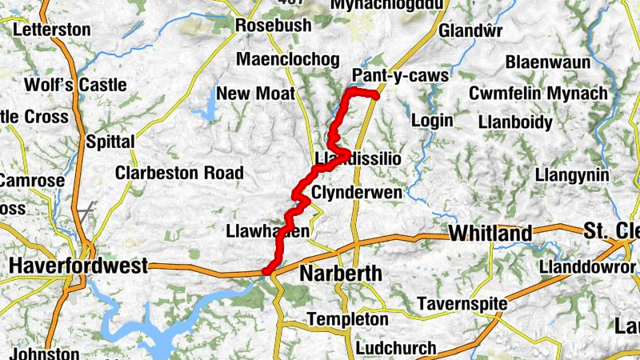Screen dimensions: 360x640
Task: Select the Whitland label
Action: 490,234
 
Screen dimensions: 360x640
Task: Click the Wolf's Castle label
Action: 75,85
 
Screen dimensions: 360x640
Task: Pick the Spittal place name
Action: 110,142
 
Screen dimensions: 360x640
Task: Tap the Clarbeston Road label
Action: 178,173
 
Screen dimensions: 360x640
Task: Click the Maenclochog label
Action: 287,60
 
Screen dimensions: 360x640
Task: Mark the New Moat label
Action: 255,94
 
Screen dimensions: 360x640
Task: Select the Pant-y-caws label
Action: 399,76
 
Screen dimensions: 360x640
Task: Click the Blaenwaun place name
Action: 548,62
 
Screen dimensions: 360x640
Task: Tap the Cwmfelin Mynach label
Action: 538,94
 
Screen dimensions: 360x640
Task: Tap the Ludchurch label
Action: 396,349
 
